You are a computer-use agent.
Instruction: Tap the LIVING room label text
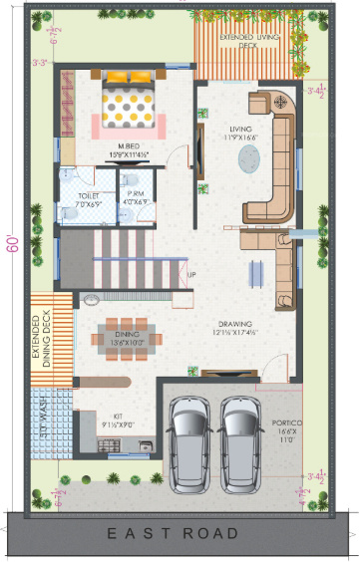pyautogui.click(x=239, y=132)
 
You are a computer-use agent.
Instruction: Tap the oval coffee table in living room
pyautogui.click(x=249, y=160)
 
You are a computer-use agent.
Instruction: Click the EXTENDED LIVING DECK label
pyautogui.click(x=250, y=40)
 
